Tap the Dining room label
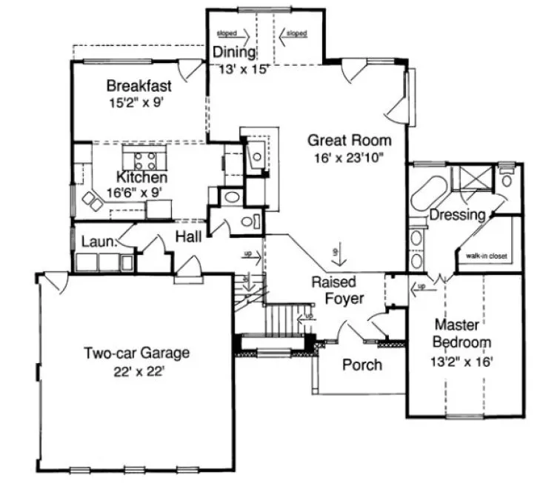[234, 53]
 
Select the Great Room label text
[350, 139]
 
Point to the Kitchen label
[141, 178]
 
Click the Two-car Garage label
[136, 353]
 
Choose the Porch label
[362, 365]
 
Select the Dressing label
[457, 215]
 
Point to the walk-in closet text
[486, 256]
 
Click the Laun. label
[96, 242]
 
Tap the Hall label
[189, 236]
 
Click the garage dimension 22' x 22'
[136, 372]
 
